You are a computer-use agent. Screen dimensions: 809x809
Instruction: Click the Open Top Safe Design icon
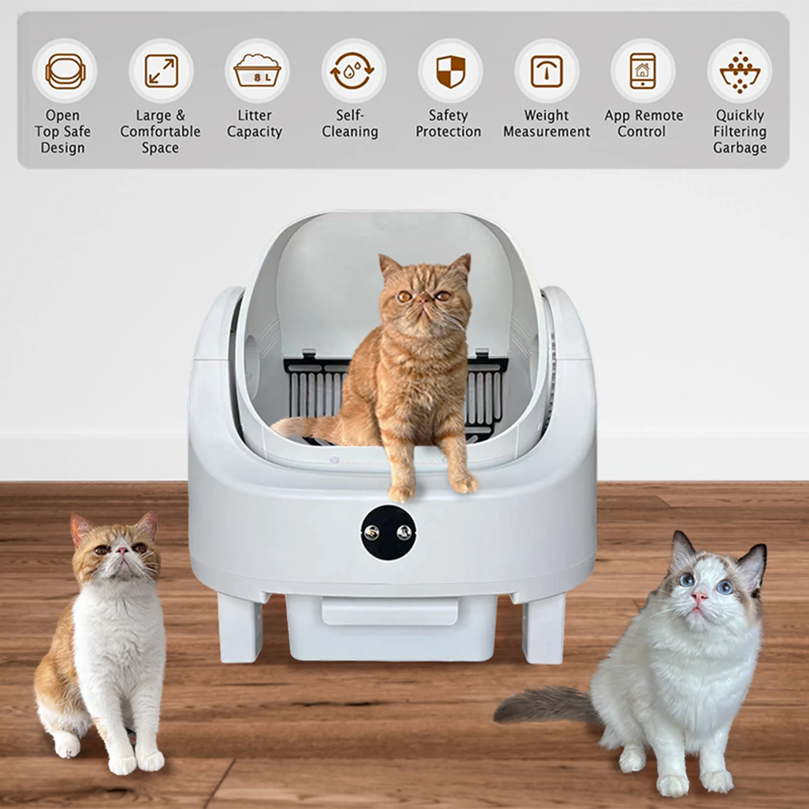point(65,71)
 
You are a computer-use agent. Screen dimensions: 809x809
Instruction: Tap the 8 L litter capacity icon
point(257,71)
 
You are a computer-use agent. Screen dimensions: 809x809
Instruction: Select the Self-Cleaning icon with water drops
point(353,71)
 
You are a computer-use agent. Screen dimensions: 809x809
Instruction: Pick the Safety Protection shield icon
point(450,71)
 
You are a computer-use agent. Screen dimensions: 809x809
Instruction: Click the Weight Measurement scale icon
point(547,71)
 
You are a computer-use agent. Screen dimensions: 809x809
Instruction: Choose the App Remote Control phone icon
point(643,70)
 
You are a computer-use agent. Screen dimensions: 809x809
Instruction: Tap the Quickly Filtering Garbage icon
point(740,72)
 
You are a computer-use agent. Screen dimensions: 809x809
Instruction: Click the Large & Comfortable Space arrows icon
point(161,71)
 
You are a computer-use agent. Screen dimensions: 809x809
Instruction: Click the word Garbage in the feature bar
point(740,148)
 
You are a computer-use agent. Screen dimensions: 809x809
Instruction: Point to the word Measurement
point(547,131)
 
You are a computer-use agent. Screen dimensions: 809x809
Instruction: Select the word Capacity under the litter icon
point(254,132)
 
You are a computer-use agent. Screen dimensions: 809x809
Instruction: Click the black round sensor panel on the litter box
point(388,532)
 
